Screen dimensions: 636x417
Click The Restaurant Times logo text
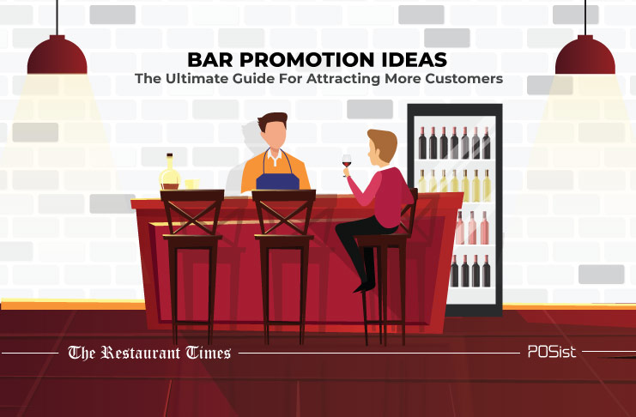(x=149, y=353)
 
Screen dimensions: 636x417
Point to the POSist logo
(x=552, y=352)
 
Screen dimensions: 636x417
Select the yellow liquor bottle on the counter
(x=170, y=172)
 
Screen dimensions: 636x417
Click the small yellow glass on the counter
(x=192, y=184)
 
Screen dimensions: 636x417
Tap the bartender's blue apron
(x=278, y=178)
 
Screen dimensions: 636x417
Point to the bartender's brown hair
(x=273, y=120)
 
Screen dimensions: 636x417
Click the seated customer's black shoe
(x=364, y=287)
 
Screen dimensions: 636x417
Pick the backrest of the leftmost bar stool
(x=192, y=212)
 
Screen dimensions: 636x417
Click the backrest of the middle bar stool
(x=284, y=212)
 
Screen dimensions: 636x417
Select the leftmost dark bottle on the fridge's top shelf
(x=422, y=142)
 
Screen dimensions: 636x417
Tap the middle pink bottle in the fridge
(x=473, y=227)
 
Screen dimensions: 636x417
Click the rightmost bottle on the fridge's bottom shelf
(x=487, y=271)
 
